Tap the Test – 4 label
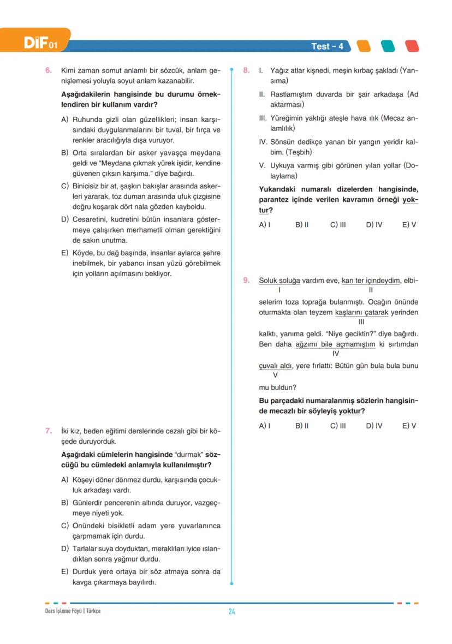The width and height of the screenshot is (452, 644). point(327,46)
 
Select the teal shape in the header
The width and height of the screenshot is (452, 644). point(388,46)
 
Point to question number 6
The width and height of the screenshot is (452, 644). point(48,70)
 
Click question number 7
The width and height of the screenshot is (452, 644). point(48,431)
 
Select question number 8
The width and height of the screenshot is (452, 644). point(247,70)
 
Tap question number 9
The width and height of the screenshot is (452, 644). point(247,281)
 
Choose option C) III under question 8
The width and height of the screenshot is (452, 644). point(338,224)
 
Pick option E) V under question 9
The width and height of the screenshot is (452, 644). point(409,426)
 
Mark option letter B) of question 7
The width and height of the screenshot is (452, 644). point(65,502)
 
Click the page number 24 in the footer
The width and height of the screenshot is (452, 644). point(231,611)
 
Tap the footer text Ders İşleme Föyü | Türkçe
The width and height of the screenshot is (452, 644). point(73,611)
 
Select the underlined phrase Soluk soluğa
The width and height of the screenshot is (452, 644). point(279,281)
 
